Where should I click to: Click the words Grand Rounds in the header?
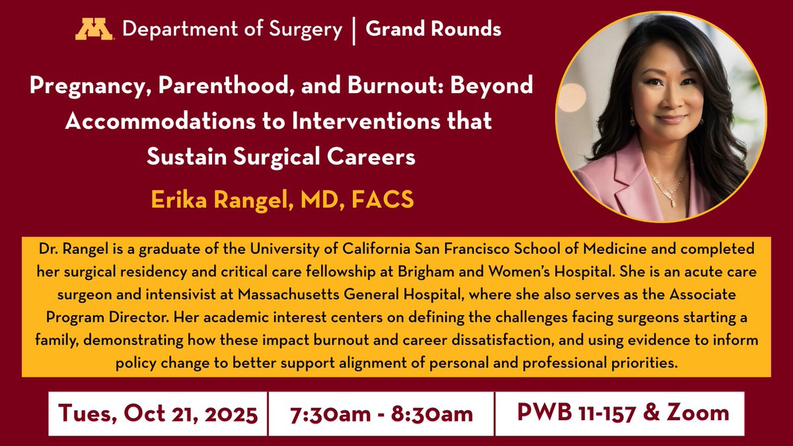(x=433, y=29)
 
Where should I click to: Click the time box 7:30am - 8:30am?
(x=381, y=414)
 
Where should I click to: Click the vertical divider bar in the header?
(x=354, y=30)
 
